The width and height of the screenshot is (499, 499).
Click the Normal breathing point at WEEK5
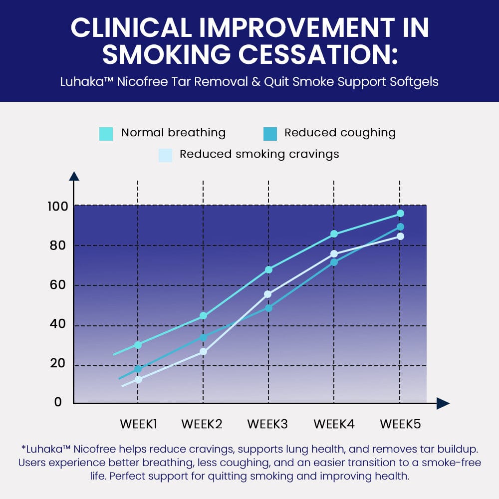(x=400, y=214)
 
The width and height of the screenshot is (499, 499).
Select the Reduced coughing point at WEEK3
(x=269, y=308)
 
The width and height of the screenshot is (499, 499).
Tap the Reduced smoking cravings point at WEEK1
(x=138, y=379)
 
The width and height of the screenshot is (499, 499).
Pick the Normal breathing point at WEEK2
(x=203, y=315)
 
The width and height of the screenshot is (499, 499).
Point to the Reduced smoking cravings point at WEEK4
(x=334, y=253)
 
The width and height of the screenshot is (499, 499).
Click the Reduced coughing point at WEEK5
(x=400, y=227)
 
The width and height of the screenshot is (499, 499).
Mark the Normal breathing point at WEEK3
(x=269, y=269)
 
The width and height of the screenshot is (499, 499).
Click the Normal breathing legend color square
(x=106, y=134)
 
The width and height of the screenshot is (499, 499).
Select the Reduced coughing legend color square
(x=270, y=134)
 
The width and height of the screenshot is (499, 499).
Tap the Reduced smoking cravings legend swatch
(x=165, y=155)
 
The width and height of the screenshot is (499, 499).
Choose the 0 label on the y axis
(x=58, y=402)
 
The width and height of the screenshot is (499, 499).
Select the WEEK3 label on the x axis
(x=267, y=425)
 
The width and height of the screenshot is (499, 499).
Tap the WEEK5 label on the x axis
(x=400, y=425)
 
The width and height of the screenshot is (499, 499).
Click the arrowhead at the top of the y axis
(x=74, y=176)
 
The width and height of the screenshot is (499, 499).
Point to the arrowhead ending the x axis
(x=443, y=403)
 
